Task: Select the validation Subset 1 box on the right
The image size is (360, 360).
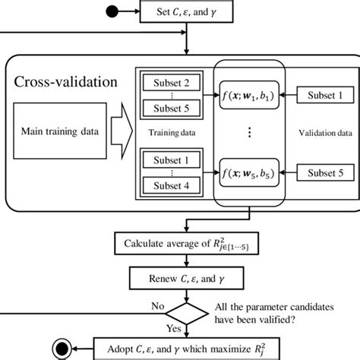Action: point(321,96)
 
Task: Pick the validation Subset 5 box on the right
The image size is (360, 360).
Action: point(321,174)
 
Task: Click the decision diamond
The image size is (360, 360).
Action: point(185,312)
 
